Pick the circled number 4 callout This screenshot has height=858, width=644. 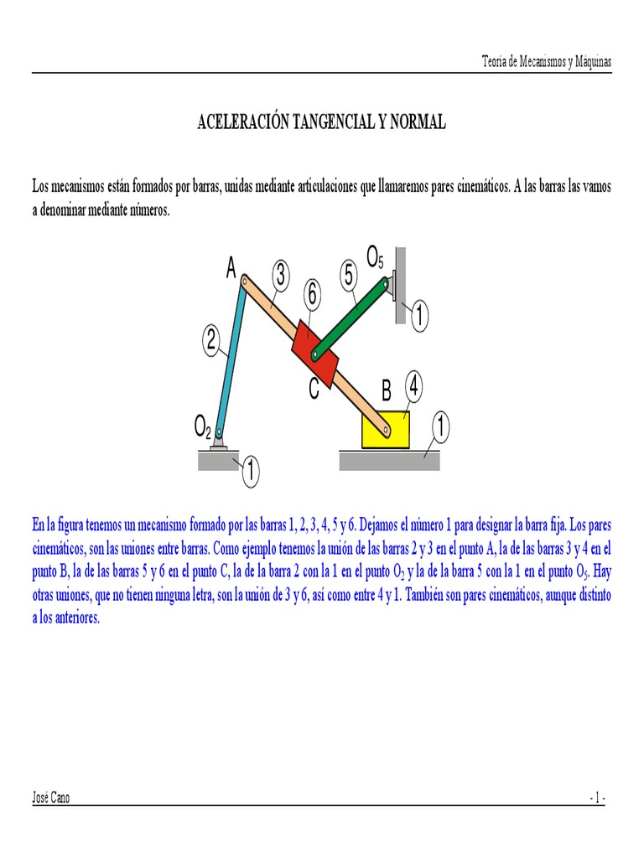point(415,386)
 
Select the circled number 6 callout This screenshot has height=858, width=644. point(312,294)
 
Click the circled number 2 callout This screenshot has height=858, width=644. point(211,340)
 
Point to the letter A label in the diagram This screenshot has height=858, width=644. point(231,268)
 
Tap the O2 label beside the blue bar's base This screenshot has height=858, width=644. point(201,429)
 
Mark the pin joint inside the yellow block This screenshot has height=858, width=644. point(386,431)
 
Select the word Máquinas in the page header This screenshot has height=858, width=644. point(589,62)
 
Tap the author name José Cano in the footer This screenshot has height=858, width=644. point(51,798)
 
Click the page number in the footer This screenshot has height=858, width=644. point(596,798)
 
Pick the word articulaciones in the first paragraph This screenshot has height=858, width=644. point(320,185)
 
